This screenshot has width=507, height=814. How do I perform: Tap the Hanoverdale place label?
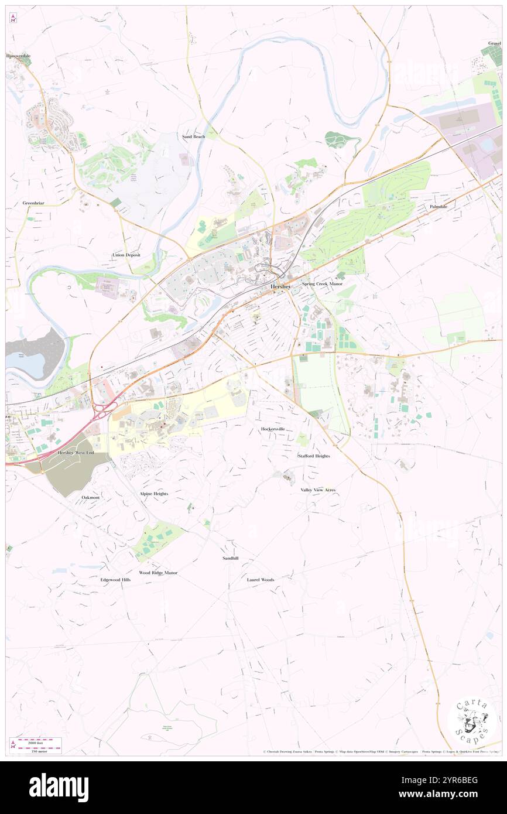19,56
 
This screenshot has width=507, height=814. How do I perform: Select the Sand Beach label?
193,136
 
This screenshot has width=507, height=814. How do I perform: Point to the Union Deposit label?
127,255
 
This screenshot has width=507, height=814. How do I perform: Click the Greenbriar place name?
33,203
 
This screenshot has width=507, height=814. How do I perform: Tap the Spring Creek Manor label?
322,283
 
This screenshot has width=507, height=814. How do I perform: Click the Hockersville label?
273,429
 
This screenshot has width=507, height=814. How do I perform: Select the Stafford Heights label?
314,456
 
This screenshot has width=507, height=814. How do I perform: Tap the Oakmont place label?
91,497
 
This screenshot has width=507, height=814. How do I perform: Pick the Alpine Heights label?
154,494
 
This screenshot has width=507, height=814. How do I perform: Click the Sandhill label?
230,558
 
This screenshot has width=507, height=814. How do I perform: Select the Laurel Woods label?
261,580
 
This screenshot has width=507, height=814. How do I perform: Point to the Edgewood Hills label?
115,580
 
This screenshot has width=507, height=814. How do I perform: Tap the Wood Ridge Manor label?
158,572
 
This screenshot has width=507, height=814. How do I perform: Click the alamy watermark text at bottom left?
59,788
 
